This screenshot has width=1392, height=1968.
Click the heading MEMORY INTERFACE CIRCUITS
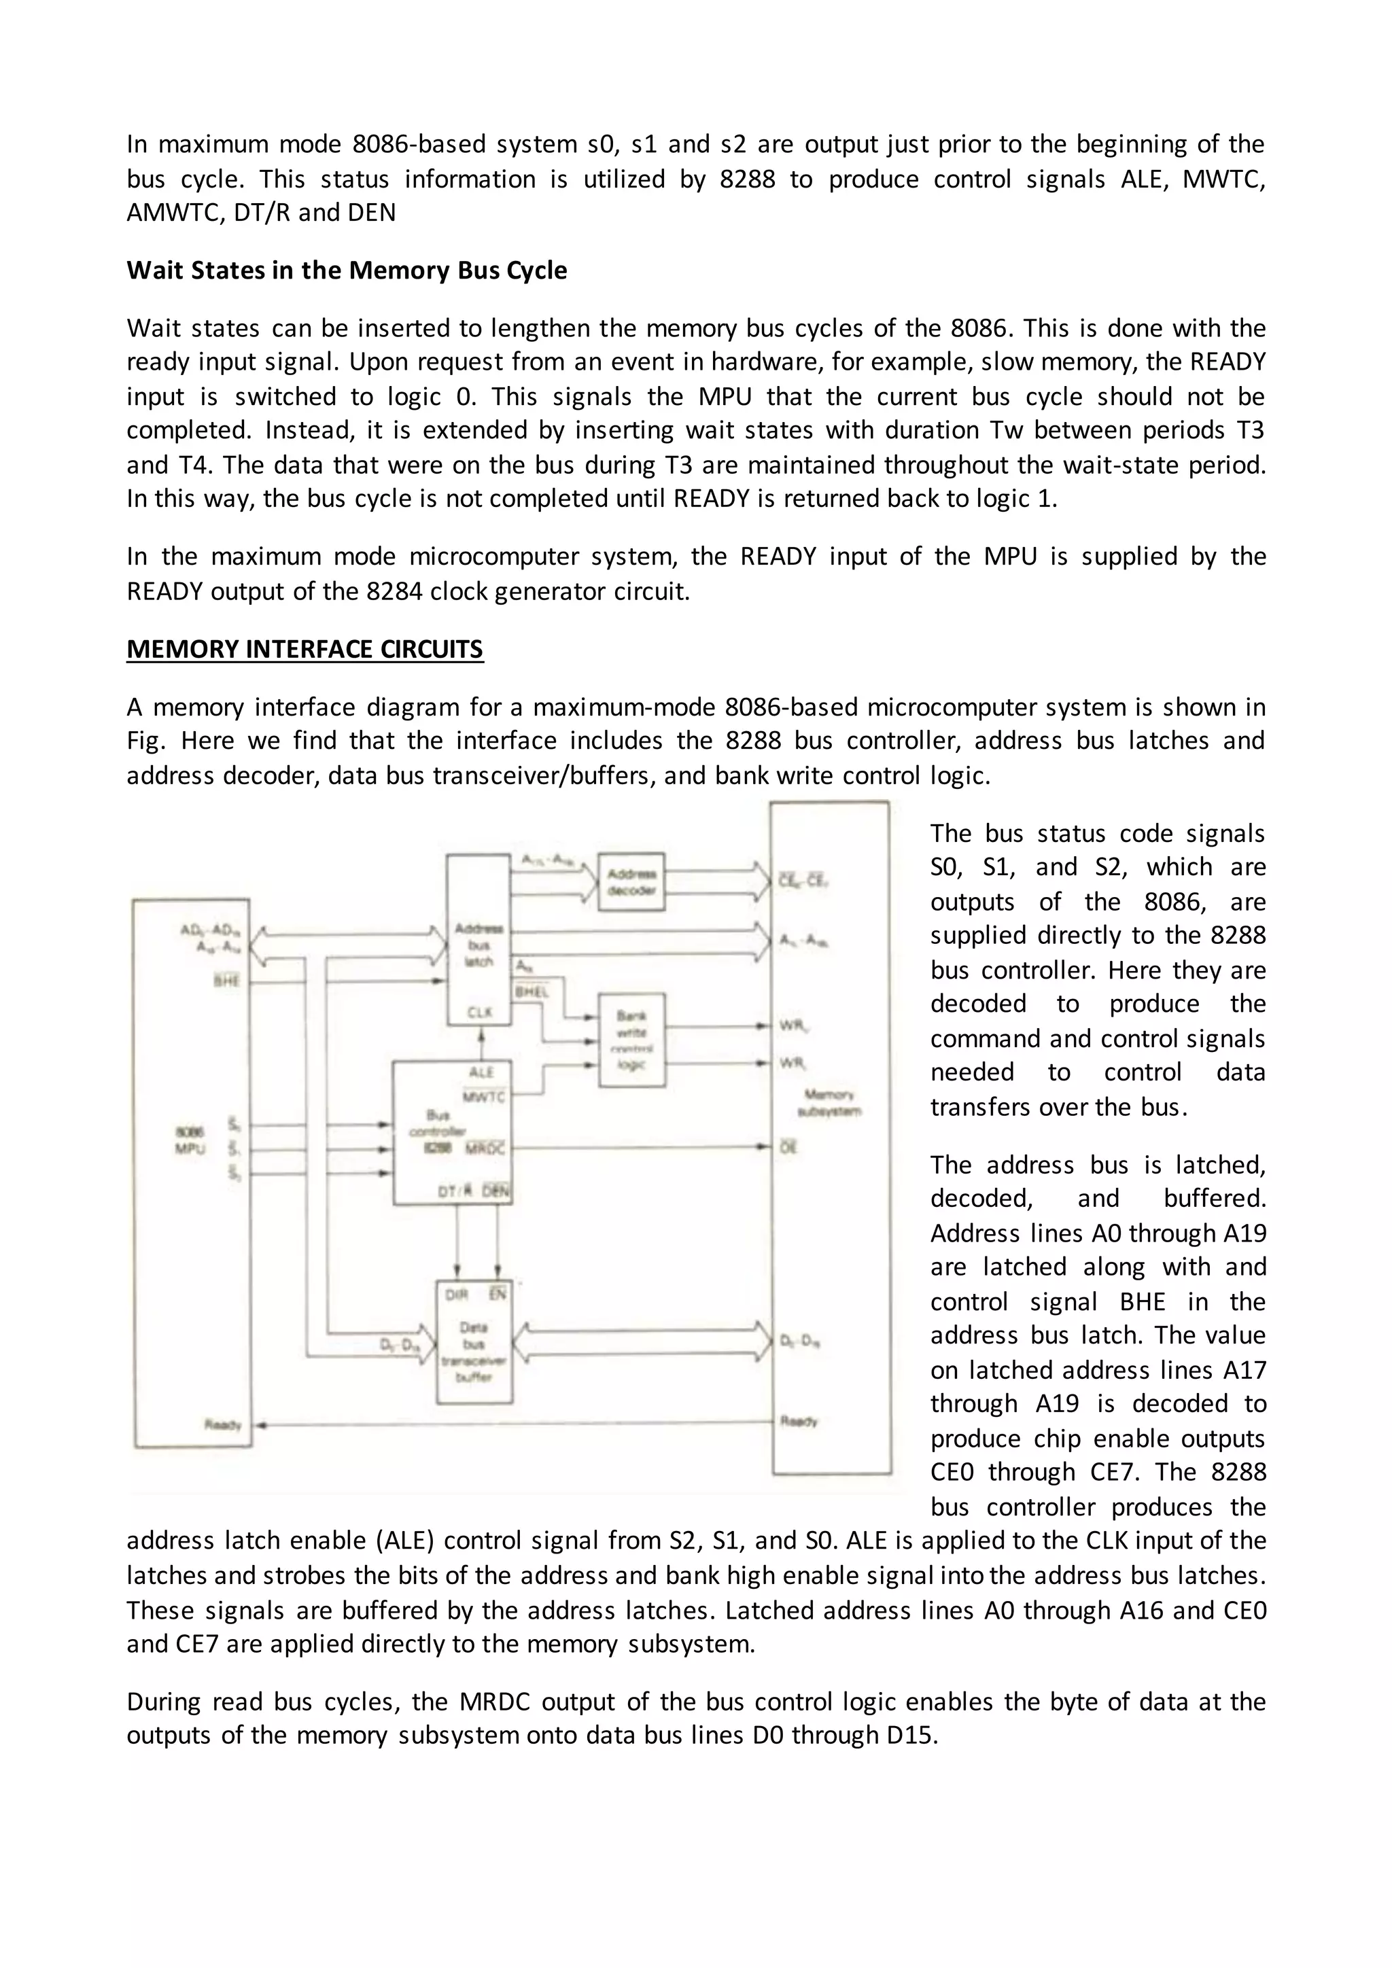click(x=304, y=649)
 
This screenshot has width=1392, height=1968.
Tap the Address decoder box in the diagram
click(x=631, y=882)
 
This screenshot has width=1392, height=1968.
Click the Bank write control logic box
click(x=631, y=1040)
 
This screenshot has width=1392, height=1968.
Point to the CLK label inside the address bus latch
click(x=479, y=1013)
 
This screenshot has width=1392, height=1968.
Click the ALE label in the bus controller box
click(x=482, y=1072)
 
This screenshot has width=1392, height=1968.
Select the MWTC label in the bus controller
click(x=485, y=1097)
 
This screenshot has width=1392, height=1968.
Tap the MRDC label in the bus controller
click(x=486, y=1148)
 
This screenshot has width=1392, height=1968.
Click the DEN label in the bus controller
click(x=495, y=1191)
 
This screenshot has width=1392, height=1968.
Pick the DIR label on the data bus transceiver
click(x=456, y=1295)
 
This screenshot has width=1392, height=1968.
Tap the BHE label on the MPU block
click(x=226, y=981)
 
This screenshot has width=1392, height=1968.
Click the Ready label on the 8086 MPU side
click(x=223, y=1424)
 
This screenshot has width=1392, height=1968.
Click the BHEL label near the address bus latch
click(x=531, y=991)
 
